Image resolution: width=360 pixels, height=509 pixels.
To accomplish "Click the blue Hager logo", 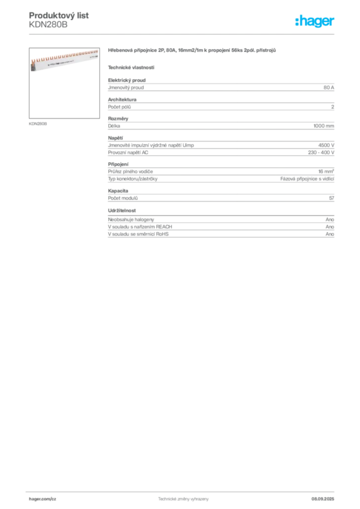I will (x=315, y=22).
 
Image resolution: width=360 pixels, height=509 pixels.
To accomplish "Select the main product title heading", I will (x=192, y=51).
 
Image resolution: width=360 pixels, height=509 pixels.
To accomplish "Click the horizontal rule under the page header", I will (x=183, y=34).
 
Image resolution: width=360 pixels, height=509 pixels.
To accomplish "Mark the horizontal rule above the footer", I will (x=183, y=491).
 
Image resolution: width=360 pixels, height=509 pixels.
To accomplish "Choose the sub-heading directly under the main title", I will (x=131, y=67).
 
